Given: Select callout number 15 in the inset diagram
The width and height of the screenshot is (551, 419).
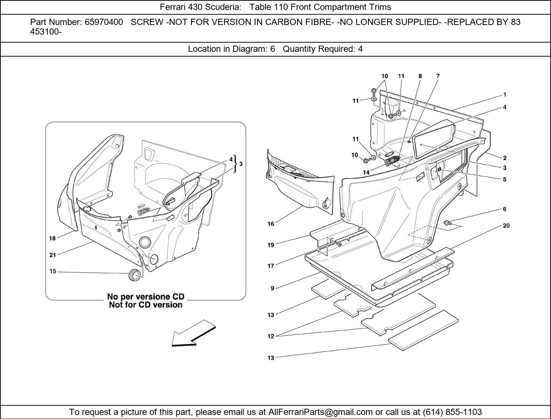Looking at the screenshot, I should pos(53,271).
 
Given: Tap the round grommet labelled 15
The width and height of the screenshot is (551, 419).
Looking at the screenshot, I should pos(135,275).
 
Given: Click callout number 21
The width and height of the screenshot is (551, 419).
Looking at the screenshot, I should pos(53,255).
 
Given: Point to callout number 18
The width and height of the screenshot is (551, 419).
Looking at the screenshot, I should pos(53,238).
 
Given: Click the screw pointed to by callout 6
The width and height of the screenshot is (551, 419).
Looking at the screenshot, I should pos(447,222).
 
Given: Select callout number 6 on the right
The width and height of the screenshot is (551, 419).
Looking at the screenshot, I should pos(505,209).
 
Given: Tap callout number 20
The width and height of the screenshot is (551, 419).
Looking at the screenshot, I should pos(506,226).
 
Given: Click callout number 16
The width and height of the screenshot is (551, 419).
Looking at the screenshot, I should pos(271,223).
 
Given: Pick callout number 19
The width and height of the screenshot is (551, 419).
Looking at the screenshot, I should pos(271,245).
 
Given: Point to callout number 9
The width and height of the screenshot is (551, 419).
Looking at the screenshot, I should pos(272,288).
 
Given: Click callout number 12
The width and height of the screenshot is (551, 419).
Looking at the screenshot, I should pos(271,336).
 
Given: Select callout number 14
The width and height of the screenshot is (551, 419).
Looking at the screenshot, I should pos(366,172).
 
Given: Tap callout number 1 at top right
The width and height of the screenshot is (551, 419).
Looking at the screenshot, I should pos(505,94).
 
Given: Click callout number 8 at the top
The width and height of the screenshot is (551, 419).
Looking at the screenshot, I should pos(420,76).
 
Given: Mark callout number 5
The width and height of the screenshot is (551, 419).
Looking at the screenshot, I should pos(505,179).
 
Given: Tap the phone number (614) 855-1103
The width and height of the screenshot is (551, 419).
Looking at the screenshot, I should pos(452,412).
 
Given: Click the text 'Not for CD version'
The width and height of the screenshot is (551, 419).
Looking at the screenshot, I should pos(145,305).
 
